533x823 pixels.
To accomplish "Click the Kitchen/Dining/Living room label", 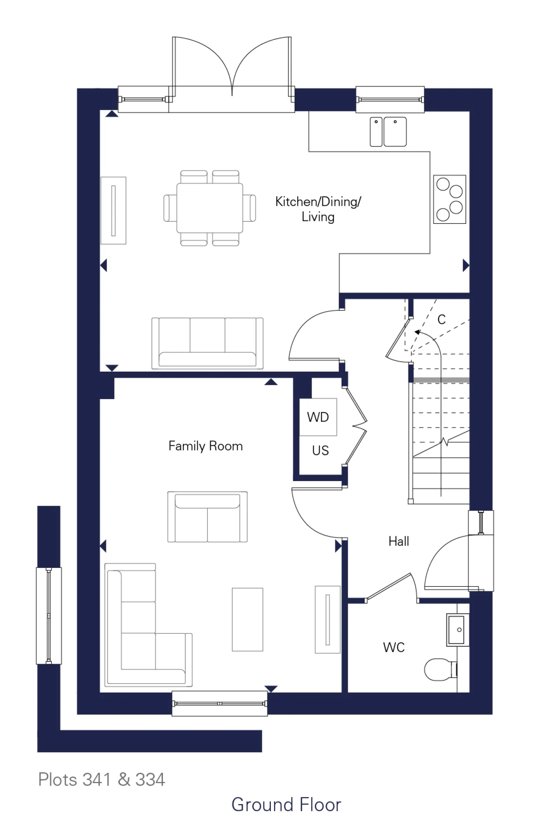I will coord(318,209).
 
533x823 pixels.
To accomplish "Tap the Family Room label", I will coord(205,446).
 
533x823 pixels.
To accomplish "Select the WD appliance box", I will coord(318,417).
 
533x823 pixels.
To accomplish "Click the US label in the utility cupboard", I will coord(320,451).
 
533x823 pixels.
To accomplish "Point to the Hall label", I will coord(398,541).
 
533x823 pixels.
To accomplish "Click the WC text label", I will coord(393,647).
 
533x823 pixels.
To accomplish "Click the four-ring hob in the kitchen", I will coord(449,200).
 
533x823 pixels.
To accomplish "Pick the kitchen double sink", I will coord(388,132).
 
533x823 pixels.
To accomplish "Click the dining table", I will coord(209,208).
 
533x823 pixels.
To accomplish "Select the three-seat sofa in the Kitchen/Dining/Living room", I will coord(207,343).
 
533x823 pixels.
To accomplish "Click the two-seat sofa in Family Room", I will coord(207,517).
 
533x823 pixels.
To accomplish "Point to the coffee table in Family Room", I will coord(247,619).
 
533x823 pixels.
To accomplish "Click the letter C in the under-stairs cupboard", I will coord(441,319).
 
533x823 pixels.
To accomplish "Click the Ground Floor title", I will coord(286,805).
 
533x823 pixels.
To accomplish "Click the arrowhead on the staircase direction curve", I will coord(417,332).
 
